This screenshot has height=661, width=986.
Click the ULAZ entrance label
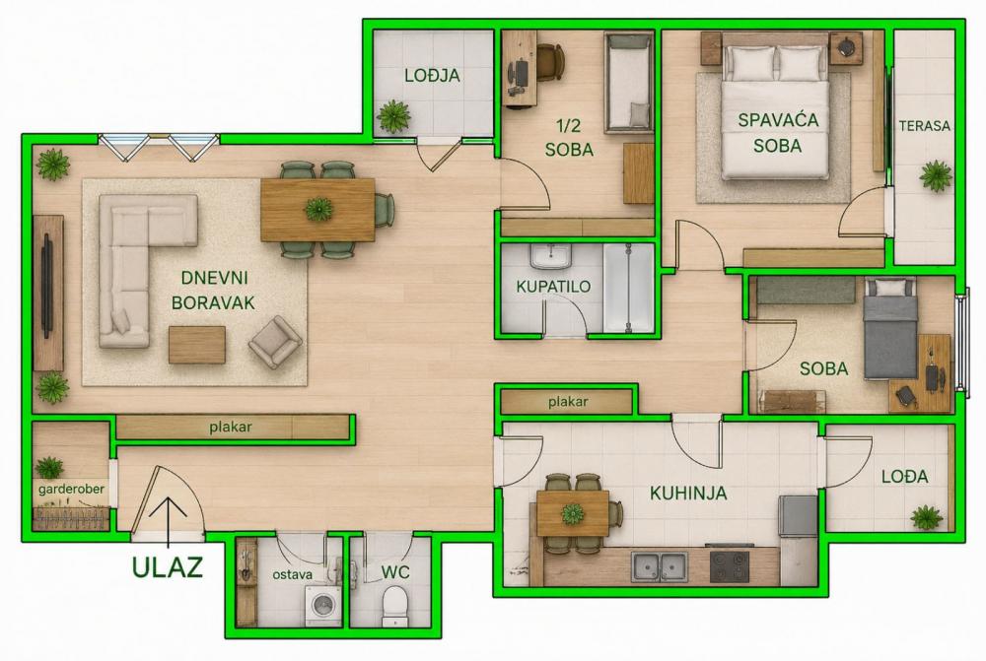click(168, 566)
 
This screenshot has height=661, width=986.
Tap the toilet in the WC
click(395, 607)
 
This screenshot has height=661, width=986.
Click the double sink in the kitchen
click(659, 566)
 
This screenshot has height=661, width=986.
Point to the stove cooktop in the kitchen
click(730, 566)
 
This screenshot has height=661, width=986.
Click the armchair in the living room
click(275, 342)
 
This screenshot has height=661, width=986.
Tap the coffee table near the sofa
click(197, 345)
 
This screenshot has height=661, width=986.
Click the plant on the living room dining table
click(318, 209)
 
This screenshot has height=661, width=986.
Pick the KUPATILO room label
click(553, 287)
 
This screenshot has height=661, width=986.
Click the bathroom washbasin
click(551, 257)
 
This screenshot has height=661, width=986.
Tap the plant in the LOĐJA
click(394, 116)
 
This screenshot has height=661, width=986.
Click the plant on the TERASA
click(936, 176)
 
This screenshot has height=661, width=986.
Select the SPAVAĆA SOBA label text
click(778, 133)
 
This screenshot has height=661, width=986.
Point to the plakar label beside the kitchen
click(568, 402)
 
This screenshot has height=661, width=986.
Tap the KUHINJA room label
click(688, 494)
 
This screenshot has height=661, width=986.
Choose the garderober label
click(71, 489)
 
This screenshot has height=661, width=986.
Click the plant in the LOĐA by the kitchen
click(926, 518)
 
